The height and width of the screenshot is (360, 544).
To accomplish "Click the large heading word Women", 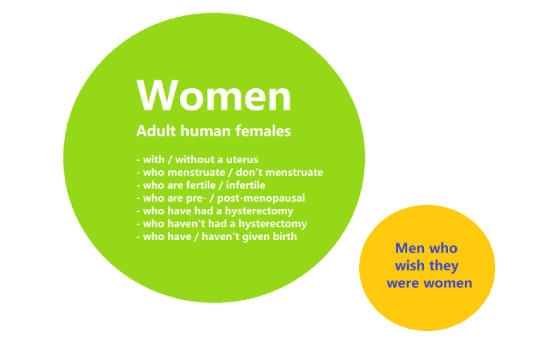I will coord(214,96).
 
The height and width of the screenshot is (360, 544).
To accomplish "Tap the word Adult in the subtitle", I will coord(154,131).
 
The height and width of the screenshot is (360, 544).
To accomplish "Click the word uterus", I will coord(242,160).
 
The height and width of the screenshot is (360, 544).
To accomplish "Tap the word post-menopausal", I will coord(270,198).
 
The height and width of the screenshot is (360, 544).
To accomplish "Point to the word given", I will coord(254,236).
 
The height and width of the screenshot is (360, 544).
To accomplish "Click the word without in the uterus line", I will coord(195,160).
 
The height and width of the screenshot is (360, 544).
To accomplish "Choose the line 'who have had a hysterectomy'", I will coord(218,211).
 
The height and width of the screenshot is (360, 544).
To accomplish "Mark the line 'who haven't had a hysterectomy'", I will coord(224,224).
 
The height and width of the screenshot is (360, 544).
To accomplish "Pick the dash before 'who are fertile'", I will coord(138,186).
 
